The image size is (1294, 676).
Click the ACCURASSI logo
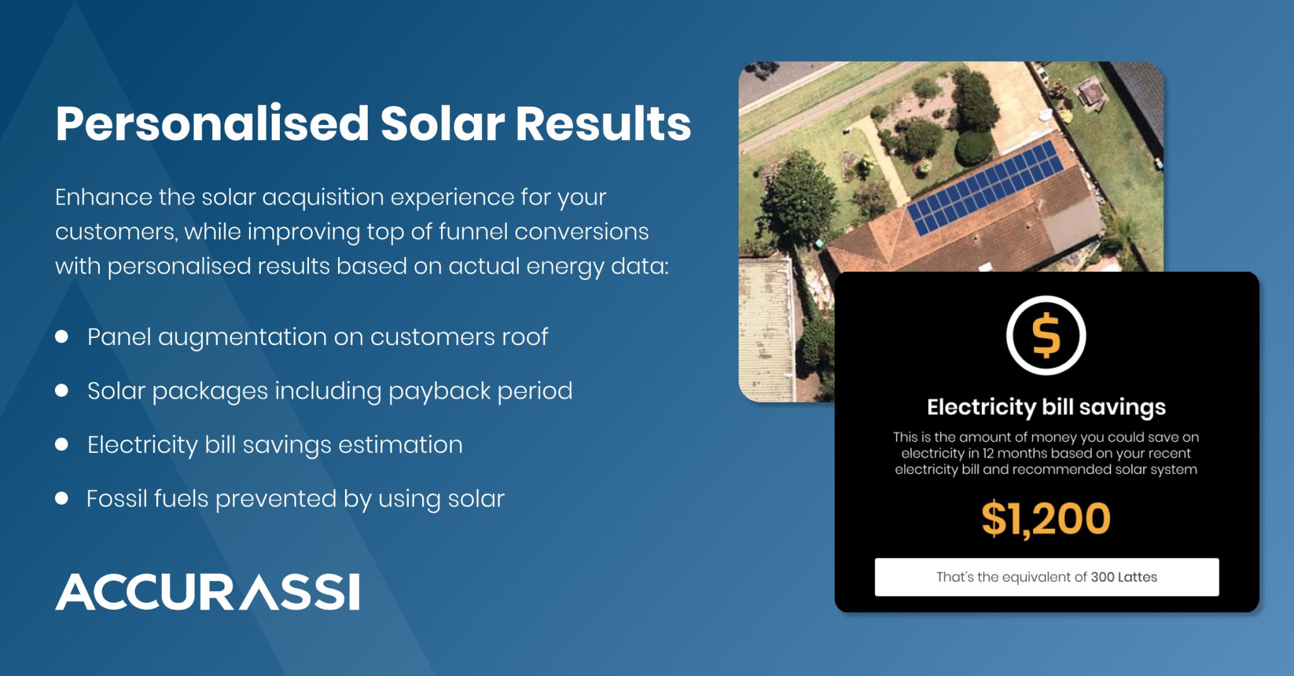tap(207, 592)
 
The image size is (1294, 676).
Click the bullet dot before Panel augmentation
tap(61, 337)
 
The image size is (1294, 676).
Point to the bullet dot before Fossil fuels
tap(61, 498)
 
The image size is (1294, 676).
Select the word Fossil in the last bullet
tap(116, 498)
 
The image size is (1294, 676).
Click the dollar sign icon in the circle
tap(1046, 335)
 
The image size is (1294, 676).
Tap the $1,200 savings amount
tap(1046, 519)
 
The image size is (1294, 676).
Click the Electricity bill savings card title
tap(1046, 407)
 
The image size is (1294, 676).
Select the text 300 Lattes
tap(1124, 577)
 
